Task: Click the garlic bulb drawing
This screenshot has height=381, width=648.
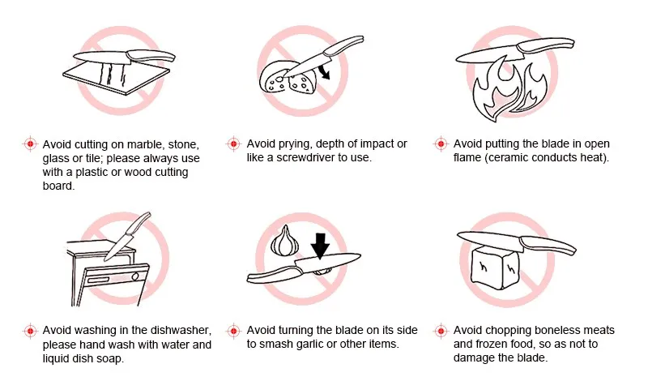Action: click(284, 241)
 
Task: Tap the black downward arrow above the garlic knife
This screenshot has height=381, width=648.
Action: click(320, 246)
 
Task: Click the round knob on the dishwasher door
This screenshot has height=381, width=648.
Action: click(135, 276)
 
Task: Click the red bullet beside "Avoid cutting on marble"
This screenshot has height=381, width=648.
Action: click(30, 144)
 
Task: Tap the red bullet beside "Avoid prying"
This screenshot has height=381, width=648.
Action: click(234, 143)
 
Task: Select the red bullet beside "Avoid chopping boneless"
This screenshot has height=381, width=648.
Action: click(441, 331)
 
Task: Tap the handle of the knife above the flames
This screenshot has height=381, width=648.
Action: click(546, 45)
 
